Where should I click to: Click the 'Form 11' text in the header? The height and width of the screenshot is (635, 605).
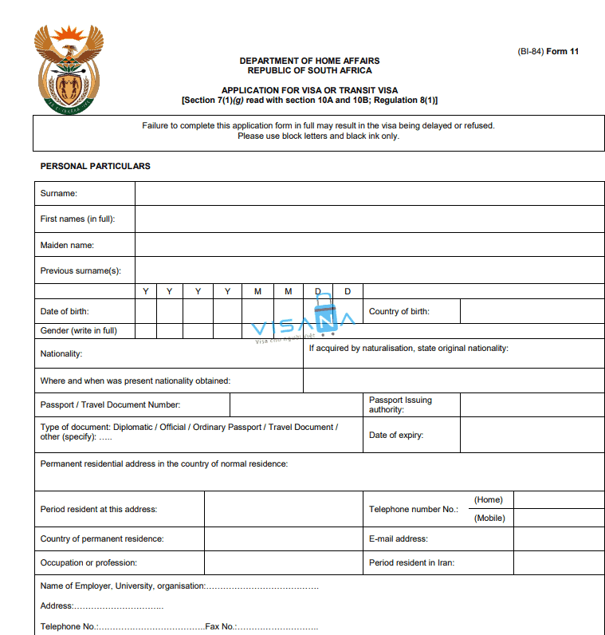[x=563, y=52]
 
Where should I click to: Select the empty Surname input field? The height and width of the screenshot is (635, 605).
[x=369, y=194]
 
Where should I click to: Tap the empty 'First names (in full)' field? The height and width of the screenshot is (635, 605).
[x=369, y=219]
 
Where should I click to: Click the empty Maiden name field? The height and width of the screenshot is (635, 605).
[x=369, y=245]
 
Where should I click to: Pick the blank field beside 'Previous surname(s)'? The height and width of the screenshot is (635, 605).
[x=369, y=270]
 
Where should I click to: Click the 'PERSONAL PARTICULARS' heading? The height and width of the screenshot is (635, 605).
[x=96, y=167]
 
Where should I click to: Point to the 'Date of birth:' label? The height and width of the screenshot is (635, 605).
[x=65, y=311]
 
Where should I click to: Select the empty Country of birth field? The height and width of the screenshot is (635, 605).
[x=532, y=311]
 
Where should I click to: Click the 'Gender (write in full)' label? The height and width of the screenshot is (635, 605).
[x=79, y=330]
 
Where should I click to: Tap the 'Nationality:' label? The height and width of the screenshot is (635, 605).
[x=61, y=353]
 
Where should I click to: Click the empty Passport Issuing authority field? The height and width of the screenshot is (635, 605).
[x=532, y=405]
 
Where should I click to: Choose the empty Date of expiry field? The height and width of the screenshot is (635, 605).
[x=532, y=435]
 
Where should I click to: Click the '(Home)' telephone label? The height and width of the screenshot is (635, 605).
[x=489, y=500]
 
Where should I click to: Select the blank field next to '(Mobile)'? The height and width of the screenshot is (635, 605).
[x=559, y=519]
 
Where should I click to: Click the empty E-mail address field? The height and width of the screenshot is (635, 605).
[x=559, y=539]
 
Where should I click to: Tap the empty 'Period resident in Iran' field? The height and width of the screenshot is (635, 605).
[x=559, y=563]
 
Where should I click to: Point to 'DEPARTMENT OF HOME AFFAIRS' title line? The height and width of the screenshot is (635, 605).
[x=309, y=61]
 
